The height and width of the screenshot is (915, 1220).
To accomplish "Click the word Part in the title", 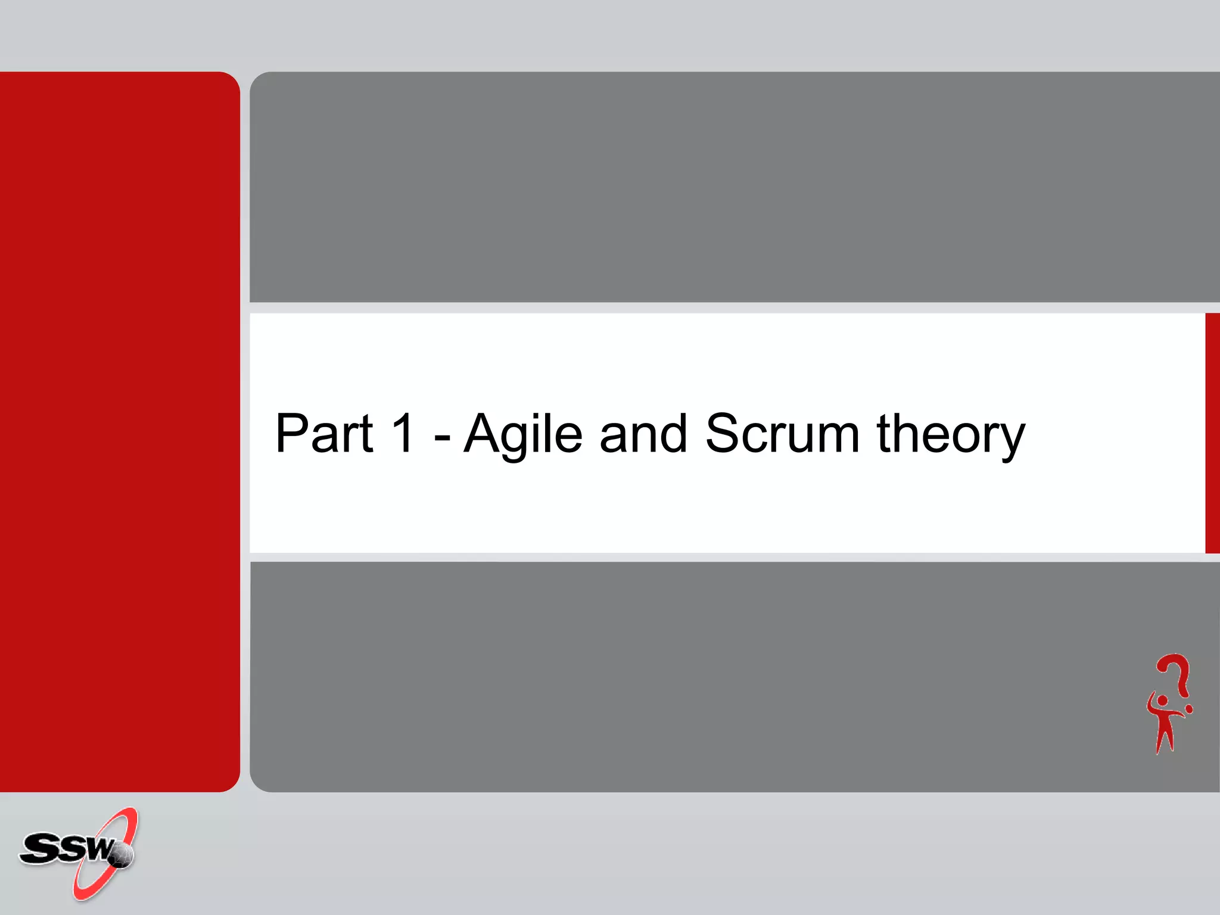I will coord(324,433).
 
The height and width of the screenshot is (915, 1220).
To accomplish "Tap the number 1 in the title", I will coord(403,433).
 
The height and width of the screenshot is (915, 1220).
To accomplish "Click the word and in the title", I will coord(643,434).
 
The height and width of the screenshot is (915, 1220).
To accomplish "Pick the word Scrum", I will coord(782,433).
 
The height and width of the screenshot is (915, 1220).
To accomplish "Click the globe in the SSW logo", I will coord(122,855).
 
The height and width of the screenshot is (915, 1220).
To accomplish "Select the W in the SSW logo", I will coord(98,848).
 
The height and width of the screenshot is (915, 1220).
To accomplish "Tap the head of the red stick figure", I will coord(1162,701).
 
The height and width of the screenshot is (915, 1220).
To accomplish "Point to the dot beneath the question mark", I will coord(1189,709).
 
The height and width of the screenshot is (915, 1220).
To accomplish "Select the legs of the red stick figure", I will coord(1165,739).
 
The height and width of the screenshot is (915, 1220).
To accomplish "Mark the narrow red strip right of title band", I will coord(1212,433).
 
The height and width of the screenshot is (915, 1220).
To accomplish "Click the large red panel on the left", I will coord(119,431).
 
